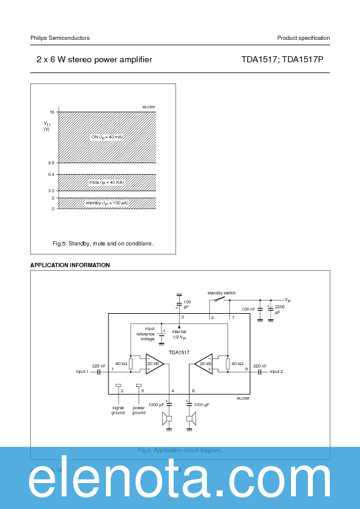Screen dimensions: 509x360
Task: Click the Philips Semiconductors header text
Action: tap(60, 38)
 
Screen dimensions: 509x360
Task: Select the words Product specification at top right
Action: tap(303, 38)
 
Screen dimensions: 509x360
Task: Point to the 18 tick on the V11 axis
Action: tap(52, 112)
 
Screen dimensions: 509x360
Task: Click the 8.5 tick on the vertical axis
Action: tap(51, 163)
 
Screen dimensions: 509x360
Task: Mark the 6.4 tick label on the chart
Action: tap(51, 174)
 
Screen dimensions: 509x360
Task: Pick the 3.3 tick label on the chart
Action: tap(51, 190)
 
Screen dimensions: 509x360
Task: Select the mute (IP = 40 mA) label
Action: tap(106, 182)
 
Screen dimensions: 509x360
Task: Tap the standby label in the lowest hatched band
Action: tap(106, 203)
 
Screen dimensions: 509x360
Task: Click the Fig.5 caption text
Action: tap(103, 244)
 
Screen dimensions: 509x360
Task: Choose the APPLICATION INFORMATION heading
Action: tap(70, 265)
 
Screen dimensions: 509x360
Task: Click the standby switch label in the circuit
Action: tap(221, 293)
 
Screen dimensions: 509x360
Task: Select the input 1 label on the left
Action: tap(82, 372)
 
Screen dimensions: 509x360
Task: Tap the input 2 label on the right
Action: tap(277, 372)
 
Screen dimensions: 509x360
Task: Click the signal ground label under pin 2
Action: tap(118, 410)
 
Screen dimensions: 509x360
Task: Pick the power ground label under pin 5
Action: tap(139, 410)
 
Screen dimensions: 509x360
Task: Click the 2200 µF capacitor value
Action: tap(279, 310)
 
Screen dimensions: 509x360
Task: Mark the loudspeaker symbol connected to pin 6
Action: tap(191, 418)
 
